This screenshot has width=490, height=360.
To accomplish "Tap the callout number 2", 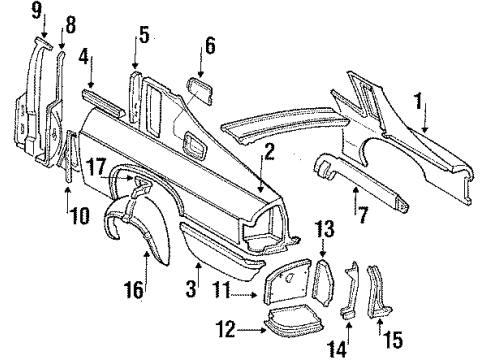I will click(x=269, y=152).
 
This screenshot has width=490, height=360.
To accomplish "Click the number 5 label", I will click(x=144, y=36).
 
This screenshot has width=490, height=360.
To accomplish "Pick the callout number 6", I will click(x=209, y=47).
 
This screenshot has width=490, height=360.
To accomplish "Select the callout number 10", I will click(x=68, y=211).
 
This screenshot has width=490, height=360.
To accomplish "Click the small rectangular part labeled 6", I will click(x=200, y=91).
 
